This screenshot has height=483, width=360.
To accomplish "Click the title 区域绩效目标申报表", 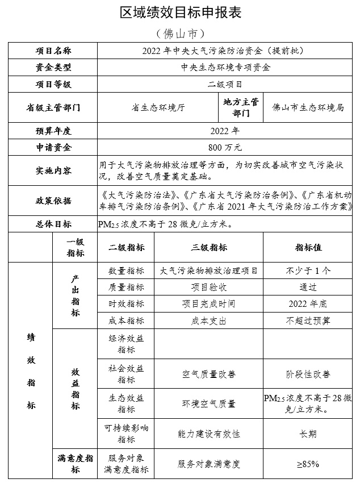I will pos(180,12).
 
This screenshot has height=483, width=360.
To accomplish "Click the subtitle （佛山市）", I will pos(179,33).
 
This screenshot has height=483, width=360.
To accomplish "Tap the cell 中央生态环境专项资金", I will pos(225,67).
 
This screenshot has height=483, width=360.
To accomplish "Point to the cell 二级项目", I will pos(225,84).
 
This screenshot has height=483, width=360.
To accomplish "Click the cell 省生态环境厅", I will pos(158,107).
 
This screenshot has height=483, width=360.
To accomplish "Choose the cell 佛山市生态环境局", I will pos(308,107).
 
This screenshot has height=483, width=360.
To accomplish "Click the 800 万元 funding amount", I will pos(225,147).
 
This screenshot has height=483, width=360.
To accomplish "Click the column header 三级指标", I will pos(209,248).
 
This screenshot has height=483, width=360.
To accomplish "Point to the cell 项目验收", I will pos(209,287).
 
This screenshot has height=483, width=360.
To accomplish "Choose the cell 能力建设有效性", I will pos(209,434).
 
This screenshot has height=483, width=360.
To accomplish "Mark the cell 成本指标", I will pos(126,320).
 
